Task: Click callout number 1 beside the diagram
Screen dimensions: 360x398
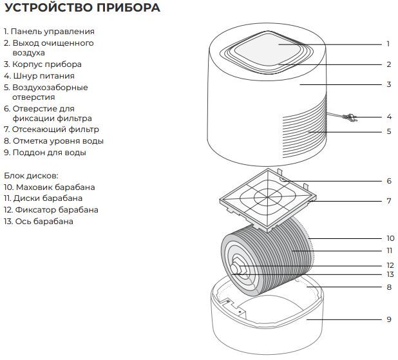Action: pyautogui.click(x=388, y=44)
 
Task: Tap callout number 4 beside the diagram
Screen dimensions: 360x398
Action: pyautogui.click(x=389, y=117)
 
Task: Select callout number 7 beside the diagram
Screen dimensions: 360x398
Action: pyautogui.click(x=389, y=201)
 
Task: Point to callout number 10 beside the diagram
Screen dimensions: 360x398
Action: pyautogui.click(x=389, y=238)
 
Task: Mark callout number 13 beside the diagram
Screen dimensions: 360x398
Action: pyautogui.click(x=389, y=274)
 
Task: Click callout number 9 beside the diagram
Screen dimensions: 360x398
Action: pyautogui.click(x=389, y=319)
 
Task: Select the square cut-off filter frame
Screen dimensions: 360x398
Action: pyautogui.click(x=264, y=196)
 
